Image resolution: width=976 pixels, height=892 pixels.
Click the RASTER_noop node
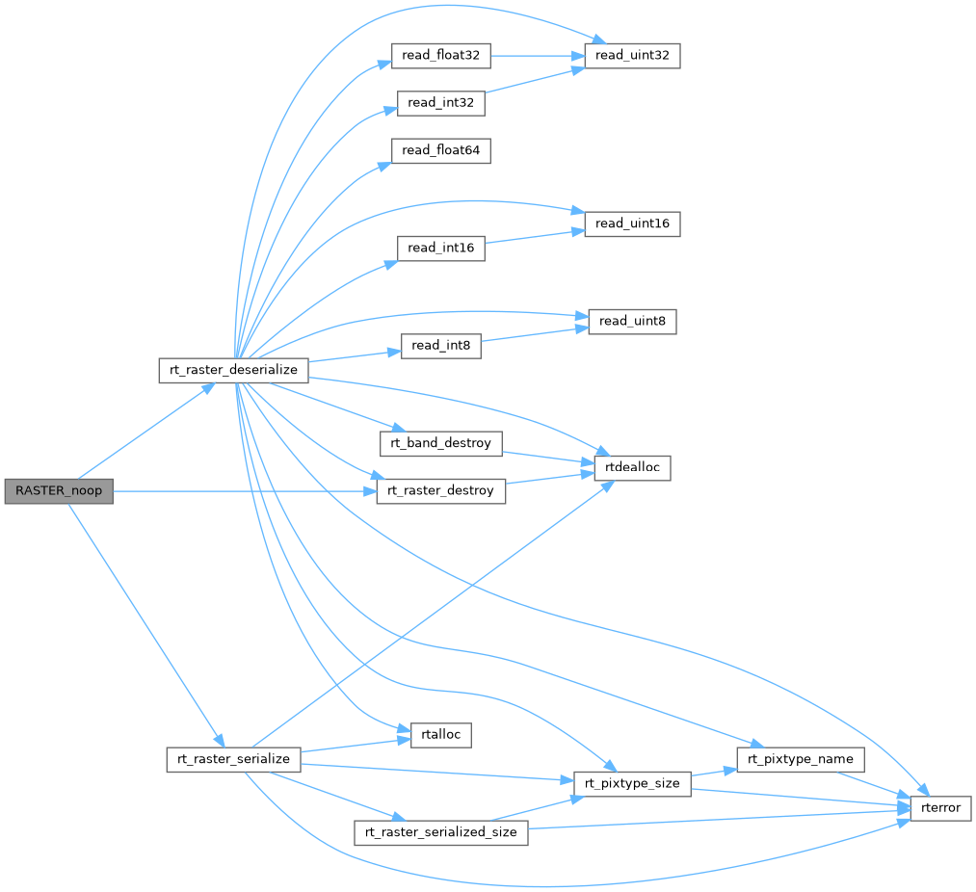click(x=58, y=490)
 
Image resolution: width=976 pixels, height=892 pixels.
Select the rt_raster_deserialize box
click(x=233, y=370)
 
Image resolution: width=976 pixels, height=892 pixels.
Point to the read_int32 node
click(x=440, y=103)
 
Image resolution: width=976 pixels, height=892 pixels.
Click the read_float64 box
click(x=441, y=150)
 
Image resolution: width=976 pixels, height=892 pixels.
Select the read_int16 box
click(x=440, y=248)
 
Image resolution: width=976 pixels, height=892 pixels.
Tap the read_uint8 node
click(x=631, y=321)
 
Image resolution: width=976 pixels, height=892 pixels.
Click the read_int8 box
click(x=440, y=346)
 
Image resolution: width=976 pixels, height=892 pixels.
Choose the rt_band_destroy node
click(x=441, y=443)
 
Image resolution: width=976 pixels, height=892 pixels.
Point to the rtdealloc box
click(x=632, y=468)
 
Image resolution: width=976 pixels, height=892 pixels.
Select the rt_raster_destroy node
click(x=440, y=490)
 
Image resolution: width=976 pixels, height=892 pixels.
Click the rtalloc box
click(x=440, y=734)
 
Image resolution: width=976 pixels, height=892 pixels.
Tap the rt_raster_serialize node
click(x=233, y=758)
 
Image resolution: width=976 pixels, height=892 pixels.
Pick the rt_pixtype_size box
click(x=632, y=783)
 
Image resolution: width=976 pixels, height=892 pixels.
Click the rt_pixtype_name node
click(x=801, y=758)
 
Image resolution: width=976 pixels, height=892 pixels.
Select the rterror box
click(x=940, y=807)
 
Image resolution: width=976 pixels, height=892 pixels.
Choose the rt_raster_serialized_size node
click(x=440, y=831)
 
